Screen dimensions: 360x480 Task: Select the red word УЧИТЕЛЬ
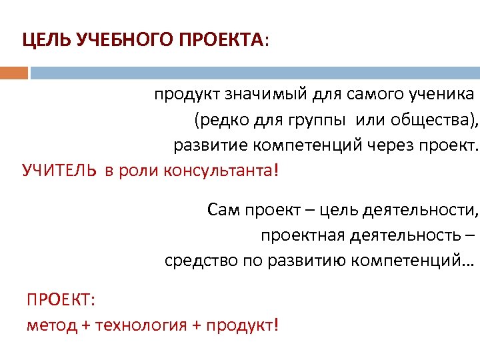pos(59,170)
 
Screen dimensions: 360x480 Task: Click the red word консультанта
pos(217,170)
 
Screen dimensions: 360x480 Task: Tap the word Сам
pos(222,211)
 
